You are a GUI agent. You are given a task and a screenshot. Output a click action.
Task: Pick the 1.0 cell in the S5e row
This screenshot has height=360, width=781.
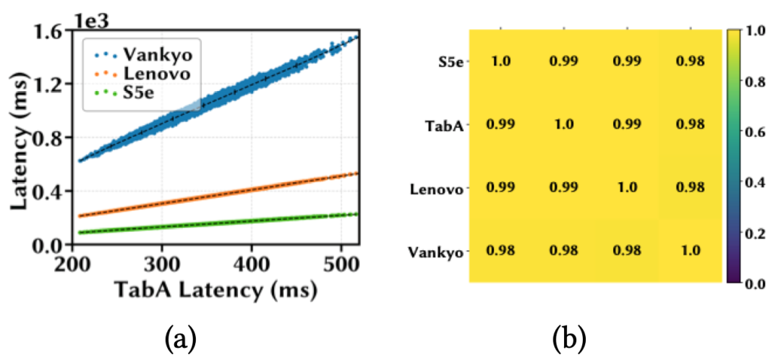click(500, 61)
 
